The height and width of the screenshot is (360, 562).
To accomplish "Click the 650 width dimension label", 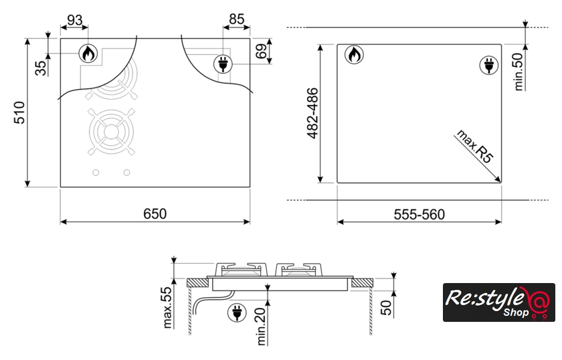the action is [155, 213].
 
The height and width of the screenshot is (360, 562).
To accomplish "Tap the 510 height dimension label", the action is [19, 112].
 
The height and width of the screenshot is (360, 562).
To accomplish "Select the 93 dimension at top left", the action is [74, 20].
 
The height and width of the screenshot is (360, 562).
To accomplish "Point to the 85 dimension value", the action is [237, 19].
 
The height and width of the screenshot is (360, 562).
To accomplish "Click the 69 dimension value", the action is [262, 51].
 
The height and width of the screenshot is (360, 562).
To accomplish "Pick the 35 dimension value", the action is [41, 68].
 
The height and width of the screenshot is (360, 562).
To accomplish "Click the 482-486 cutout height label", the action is [312, 113].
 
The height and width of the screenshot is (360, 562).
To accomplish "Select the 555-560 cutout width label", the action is [419, 214].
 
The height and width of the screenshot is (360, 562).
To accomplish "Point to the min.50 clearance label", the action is [519, 72].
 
